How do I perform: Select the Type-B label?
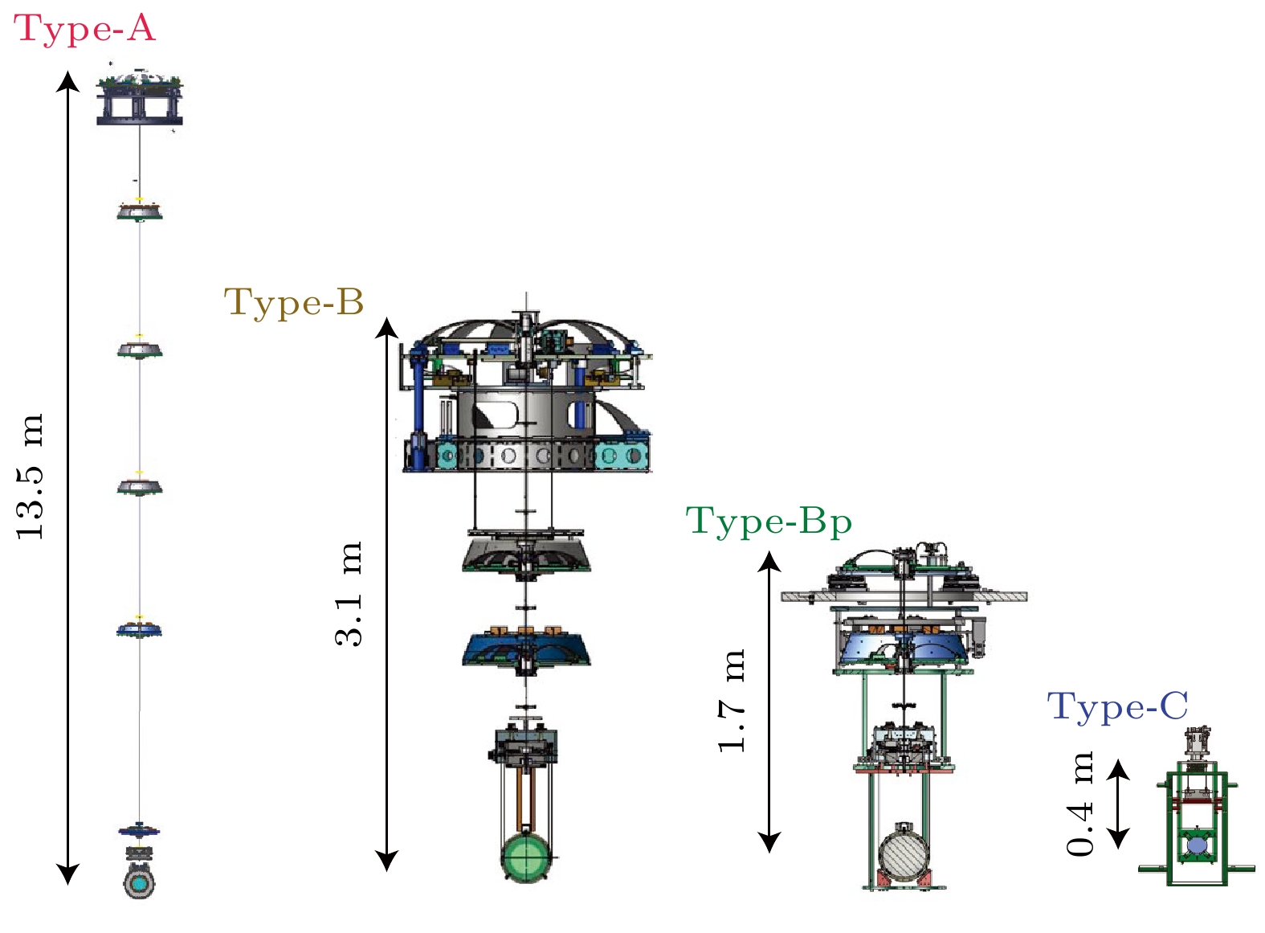click(x=294, y=302)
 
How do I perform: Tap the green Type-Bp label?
click(x=769, y=522)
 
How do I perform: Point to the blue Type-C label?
click(x=1117, y=707)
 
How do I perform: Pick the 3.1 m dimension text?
click(x=349, y=594)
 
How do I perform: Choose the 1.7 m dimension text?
click(x=732, y=700)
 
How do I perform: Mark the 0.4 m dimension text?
click(x=1081, y=804)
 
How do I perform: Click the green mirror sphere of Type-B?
click(x=526, y=857)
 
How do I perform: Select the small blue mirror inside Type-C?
click(x=1197, y=845)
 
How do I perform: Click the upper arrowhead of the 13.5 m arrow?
click(x=68, y=79)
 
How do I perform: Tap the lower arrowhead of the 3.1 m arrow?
click(x=387, y=863)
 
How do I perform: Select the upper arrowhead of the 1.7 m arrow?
click(x=769, y=559)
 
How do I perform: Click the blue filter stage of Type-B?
click(x=526, y=649)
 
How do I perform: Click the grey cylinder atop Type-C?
click(x=1197, y=743)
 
